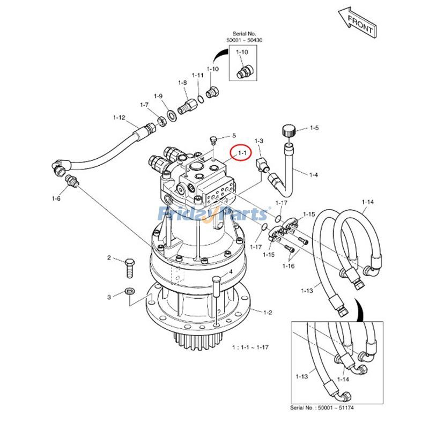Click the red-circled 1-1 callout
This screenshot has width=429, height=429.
(x=241, y=153)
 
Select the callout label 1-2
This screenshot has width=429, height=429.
(x=268, y=312)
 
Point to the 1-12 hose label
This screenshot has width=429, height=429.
(x=119, y=117)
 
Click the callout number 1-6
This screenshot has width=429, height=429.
(x=56, y=199)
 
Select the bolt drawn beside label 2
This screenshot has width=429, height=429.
(x=129, y=267)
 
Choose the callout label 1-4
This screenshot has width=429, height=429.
(x=313, y=174)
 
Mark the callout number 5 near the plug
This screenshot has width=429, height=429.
(x=234, y=136)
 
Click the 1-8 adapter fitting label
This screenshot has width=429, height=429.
(x=182, y=83)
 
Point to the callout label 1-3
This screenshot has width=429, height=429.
(x=259, y=140)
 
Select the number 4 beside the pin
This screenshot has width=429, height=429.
(x=231, y=271)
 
